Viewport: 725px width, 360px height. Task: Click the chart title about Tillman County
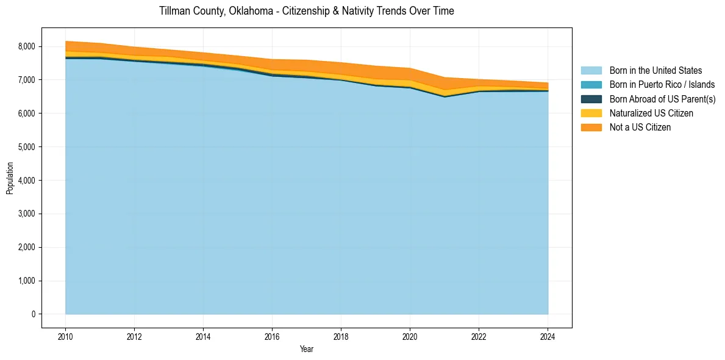306,11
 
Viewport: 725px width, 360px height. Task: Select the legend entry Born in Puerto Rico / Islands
662,85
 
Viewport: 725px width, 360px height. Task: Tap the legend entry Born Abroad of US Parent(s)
662,99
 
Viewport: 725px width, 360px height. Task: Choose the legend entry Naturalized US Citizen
651,113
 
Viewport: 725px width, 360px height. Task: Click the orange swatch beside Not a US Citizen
591,127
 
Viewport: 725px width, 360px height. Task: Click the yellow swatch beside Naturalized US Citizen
591,113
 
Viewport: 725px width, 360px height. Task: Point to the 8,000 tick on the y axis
27,46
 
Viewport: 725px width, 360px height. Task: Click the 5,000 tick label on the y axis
27,147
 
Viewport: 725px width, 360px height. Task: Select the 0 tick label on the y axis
34,314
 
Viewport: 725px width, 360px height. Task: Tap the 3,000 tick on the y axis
27,214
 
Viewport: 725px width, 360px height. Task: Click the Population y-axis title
10,178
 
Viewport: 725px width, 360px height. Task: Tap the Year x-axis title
307,349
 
